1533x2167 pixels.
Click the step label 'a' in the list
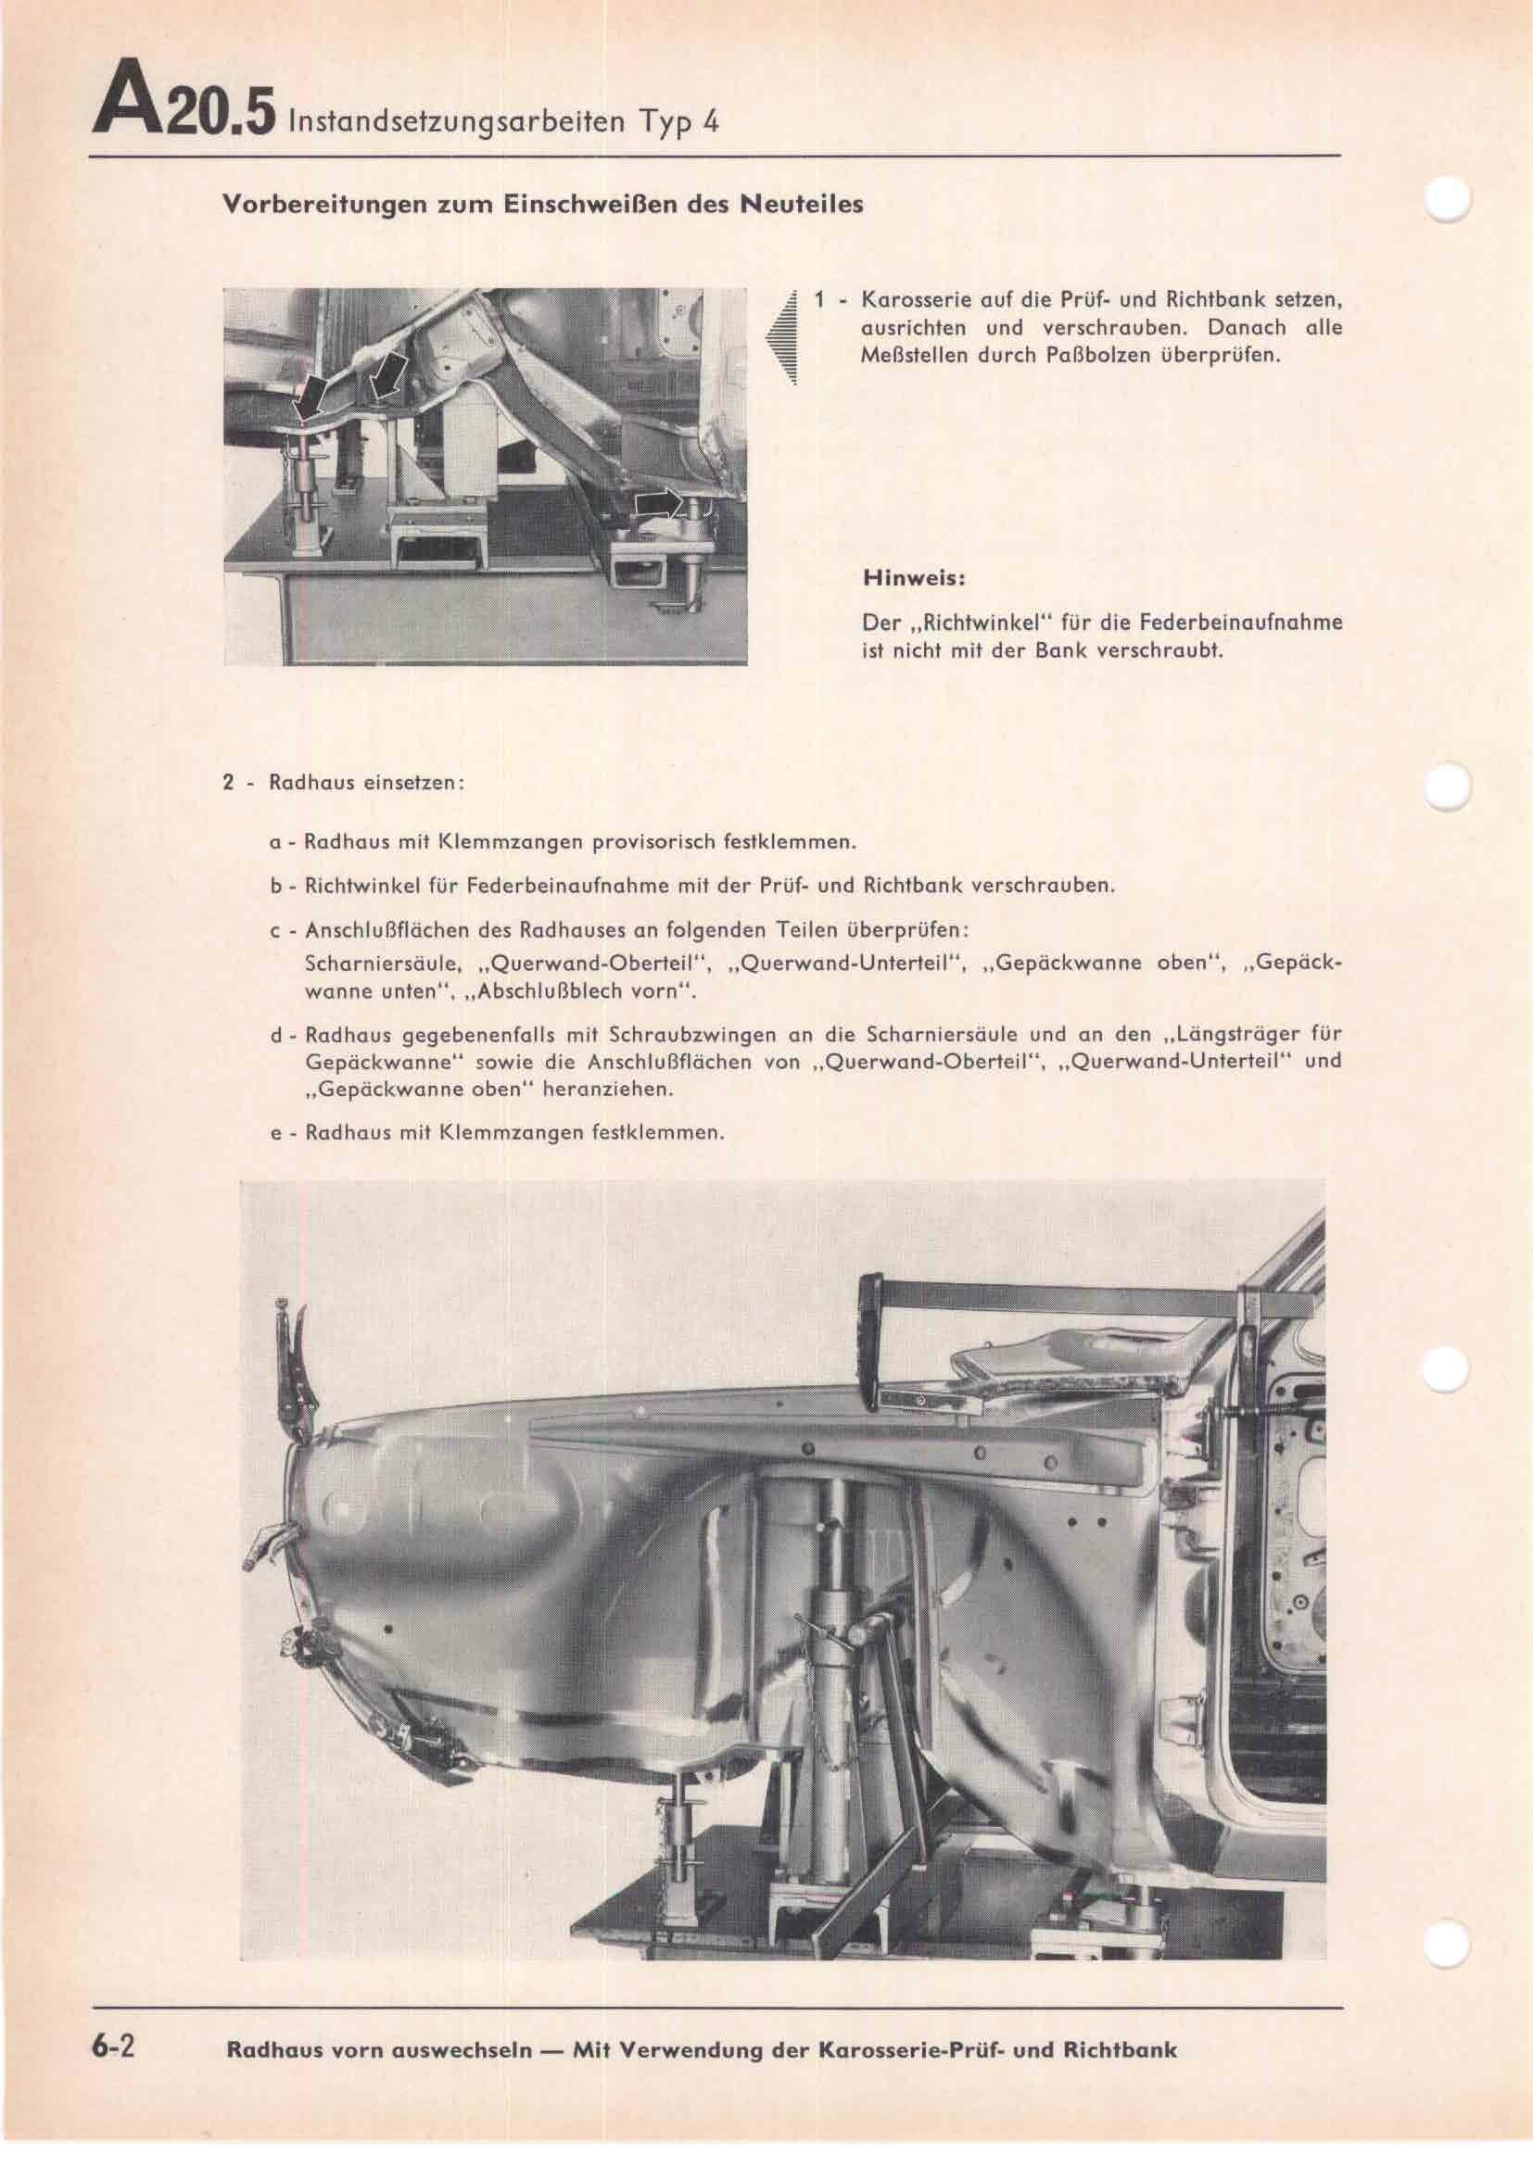[x=273, y=841]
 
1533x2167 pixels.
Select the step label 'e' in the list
[x=275, y=1133]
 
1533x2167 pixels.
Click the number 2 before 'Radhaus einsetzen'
[x=227, y=784]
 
